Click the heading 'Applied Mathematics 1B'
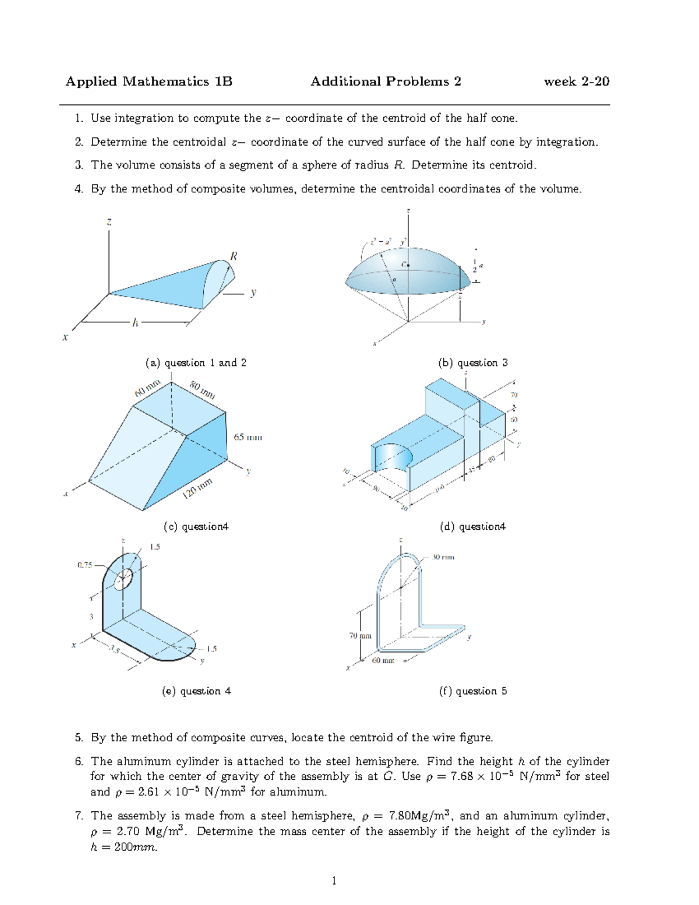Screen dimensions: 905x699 click(x=149, y=82)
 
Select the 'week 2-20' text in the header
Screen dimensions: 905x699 click(x=576, y=82)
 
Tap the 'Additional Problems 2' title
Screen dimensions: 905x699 click(x=386, y=82)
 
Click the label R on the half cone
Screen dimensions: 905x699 click(x=233, y=256)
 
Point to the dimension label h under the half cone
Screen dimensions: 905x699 click(x=135, y=322)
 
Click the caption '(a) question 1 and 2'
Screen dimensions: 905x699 click(x=196, y=363)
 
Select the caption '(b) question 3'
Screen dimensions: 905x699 click(x=472, y=363)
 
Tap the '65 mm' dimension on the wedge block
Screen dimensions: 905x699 click(x=248, y=437)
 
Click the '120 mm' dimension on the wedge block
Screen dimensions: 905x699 click(x=197, y=488)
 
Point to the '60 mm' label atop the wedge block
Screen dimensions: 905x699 click(x=147, y=388)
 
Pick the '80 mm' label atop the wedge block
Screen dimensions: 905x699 click(x=202, y=389)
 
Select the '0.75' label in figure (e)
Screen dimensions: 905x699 click(x=85, y=565)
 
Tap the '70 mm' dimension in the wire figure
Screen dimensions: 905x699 click(x=360, y=636)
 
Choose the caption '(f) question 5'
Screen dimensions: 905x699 click(x=472, y=691)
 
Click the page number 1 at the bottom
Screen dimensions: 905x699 click(x=334, y=881)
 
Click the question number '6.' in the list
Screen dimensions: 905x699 click(x=79, y=761)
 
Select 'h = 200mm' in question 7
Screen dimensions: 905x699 click(x=123, y=847)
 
